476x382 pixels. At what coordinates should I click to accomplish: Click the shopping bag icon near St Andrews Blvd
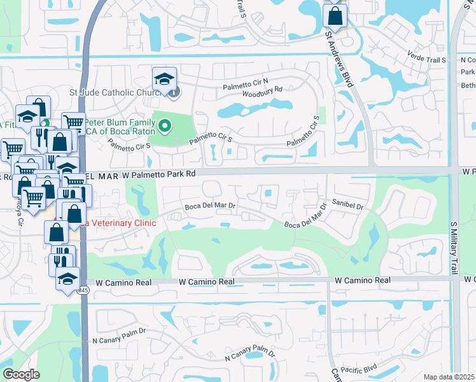click(335, 15)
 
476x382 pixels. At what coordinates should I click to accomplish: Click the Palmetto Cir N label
click(246, 86)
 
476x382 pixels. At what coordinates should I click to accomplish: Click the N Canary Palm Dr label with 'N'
click(119, 336)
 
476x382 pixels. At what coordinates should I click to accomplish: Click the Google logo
click(20, 374)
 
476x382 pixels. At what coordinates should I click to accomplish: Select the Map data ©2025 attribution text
click(449, 377)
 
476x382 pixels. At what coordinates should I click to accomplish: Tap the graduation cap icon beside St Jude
click(164, 79)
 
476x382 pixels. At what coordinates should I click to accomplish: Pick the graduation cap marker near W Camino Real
click(67, 278)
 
